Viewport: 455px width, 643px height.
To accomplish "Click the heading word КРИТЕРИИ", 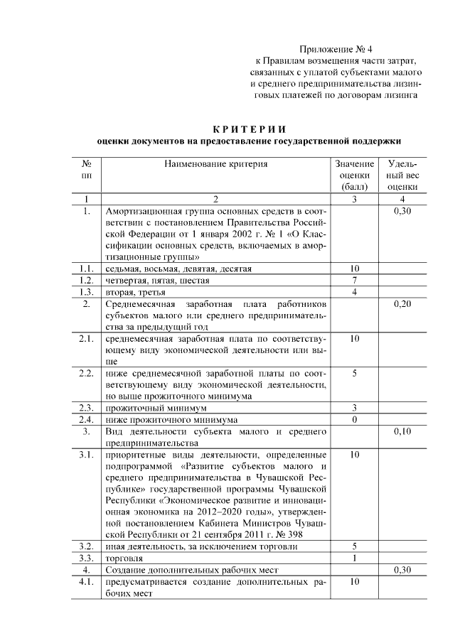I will tap(250, 129).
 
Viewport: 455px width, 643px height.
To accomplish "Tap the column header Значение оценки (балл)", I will tap(354, 175).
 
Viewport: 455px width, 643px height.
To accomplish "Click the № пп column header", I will tap(86, 169).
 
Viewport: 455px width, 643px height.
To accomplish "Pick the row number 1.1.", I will tap(86, 269).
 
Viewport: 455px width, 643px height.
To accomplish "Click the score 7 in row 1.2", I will tap(354, 281).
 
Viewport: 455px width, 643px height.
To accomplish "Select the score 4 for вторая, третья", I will tap(354, 292).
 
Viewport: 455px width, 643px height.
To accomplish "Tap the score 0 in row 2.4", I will tap(354, 419).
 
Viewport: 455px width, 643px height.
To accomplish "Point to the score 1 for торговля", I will tap(354, 558).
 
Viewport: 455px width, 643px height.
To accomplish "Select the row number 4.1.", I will tap(86, 581).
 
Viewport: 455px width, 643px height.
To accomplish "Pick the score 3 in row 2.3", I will tap(354, 408).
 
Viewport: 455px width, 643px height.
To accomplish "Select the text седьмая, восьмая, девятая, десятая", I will tap(178, 269).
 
